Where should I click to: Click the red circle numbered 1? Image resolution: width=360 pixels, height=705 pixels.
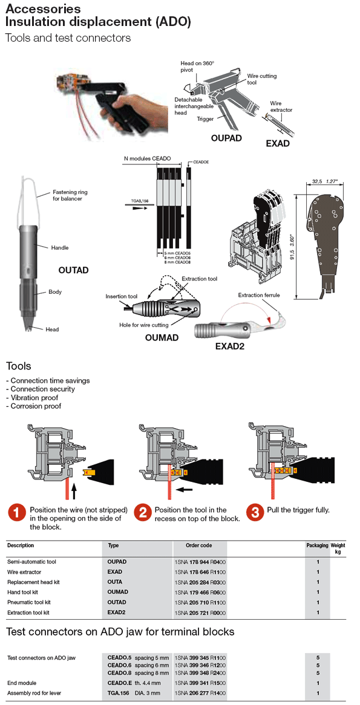[x=16, y=513]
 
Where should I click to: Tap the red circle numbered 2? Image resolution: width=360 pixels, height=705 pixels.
[x=143, y=513]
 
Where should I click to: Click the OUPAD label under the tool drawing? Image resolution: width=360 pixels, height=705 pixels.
[x=226, y=138]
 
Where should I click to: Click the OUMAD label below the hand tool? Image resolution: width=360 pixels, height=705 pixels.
[x=162, y=337]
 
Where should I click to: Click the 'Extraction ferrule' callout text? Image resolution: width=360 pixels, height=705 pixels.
[x=259, y=295]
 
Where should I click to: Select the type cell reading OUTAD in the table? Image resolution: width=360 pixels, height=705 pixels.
[x=117, y=602]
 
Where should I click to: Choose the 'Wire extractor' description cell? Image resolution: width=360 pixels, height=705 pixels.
[x=25, y=571]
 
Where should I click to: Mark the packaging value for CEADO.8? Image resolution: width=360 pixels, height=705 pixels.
[x=318, y=672]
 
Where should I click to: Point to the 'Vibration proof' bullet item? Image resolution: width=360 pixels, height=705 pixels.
[x=34, y=398]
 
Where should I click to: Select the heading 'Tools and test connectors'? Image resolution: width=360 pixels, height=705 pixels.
[x=68, y=38]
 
